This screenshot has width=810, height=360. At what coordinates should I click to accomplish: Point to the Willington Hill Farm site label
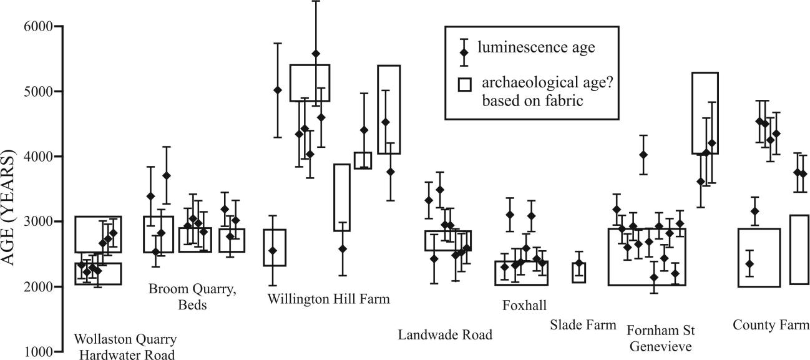coord(328,299)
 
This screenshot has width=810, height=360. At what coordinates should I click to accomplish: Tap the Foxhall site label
coord(524,305)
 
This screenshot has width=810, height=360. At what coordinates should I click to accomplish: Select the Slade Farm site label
coord(583,324)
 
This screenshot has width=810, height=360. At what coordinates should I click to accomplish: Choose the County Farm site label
coord(771,325)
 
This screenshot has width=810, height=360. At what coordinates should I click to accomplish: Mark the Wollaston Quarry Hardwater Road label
coord(125,347)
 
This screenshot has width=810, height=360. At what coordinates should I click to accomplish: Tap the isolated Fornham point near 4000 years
coord(643,155)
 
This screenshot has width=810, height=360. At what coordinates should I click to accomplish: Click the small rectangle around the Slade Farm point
coord(579,273)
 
